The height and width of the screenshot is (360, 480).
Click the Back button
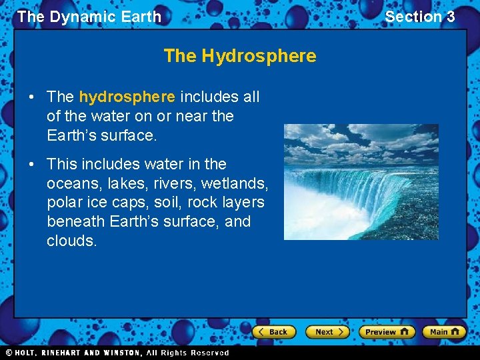[274, 332]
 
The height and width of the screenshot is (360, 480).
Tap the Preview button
[386, 332]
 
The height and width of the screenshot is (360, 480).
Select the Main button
[443, 332]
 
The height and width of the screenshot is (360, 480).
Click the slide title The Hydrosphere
[240, 56]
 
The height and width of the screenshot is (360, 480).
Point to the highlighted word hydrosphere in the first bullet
[127, 97]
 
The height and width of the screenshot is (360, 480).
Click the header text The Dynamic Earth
[89, 17]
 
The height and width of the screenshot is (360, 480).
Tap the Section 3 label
[420, 17]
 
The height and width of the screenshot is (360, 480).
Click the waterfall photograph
[361, 181]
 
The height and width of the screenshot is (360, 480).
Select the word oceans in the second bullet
[72, 183]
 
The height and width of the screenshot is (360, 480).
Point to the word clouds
[71, 241]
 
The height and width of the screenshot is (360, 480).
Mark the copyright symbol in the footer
[9, 353]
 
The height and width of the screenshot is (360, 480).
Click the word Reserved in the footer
[209, 353]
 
